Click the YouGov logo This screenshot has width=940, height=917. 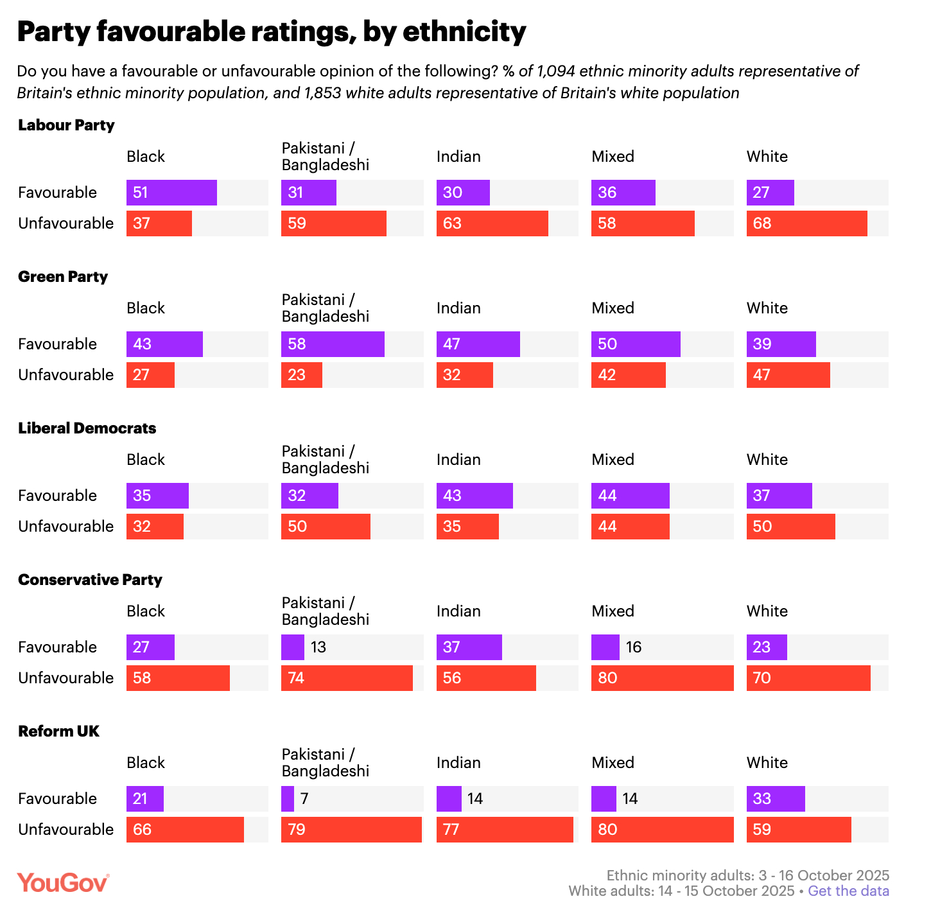click(63, 883)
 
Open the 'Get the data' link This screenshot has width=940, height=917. click(848, 891)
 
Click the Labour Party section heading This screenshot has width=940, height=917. click(66, 125)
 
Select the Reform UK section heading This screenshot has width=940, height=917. click(58, 731)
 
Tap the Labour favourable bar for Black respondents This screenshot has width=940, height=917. click(171, 193)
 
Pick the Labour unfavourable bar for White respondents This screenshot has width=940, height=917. click(806, 223)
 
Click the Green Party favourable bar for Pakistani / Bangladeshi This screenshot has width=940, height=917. click(333, 344)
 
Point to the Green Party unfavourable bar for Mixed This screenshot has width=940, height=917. click(628, 375)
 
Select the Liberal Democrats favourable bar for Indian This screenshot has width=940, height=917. click(474, 496)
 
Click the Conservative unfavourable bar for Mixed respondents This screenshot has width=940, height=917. click(662, 678)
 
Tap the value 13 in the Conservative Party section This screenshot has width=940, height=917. click(318, 647)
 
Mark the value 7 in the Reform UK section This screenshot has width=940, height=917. click(304, 799)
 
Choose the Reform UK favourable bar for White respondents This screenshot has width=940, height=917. click(776, 799)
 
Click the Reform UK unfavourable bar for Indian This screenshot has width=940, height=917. click(505, 830)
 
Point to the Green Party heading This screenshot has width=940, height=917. click(63, 277)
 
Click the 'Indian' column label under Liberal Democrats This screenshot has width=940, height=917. click(458, 460)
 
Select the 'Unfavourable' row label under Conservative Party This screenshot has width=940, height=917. click(65, 678)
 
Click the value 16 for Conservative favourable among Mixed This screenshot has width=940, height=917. click(634, 647)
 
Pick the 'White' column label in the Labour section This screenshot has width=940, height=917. click(767, 157)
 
